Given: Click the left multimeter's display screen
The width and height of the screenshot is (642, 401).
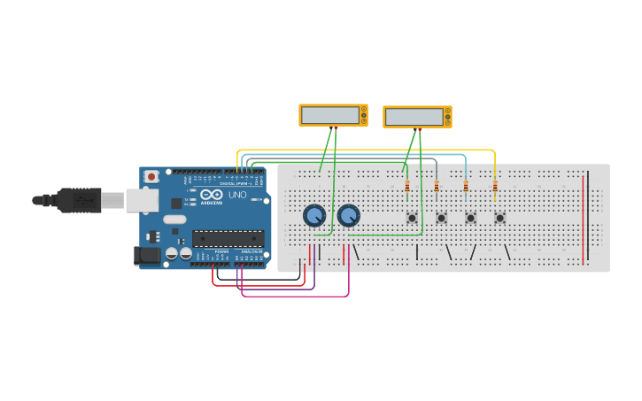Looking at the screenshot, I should (328, 114).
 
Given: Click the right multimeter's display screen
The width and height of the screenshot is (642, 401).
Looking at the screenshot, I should (413, 117).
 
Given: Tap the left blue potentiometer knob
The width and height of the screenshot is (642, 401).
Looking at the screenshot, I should (313, 215).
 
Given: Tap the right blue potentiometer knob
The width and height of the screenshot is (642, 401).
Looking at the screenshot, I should (348, 215).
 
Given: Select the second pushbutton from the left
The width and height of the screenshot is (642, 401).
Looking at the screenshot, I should (441, 218).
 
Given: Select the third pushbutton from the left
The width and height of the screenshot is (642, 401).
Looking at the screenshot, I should (470, 218).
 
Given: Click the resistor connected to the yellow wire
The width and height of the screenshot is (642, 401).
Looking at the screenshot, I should (494, 186).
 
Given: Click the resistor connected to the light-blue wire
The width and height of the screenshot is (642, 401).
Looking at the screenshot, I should (466, 186).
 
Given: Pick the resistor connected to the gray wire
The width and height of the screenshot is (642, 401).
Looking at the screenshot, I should (437, 186).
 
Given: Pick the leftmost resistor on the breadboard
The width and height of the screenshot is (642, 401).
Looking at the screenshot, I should (407, 186).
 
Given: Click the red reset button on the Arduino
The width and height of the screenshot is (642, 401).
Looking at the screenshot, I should (151, 176).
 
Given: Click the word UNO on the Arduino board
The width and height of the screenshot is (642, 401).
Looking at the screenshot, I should (237, 195).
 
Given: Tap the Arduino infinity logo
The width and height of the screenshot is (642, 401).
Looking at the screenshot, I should (211, 195).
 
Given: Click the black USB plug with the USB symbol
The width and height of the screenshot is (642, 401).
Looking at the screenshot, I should (80, 201).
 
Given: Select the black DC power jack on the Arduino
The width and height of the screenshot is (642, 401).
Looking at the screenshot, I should (147, 256).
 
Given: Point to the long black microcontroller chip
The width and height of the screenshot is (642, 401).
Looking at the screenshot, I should (228, 237).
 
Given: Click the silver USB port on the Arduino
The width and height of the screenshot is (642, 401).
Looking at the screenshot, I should (142, 201).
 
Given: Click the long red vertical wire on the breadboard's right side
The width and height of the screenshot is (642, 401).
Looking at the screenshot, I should (583, 219).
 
